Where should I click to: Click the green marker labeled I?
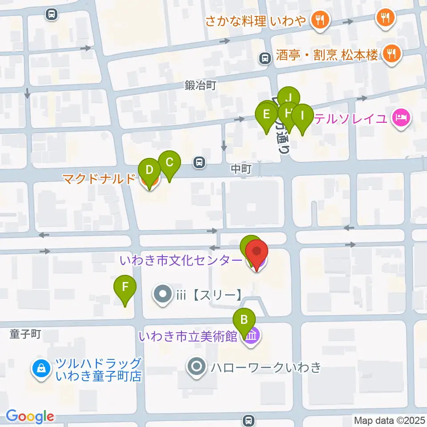(302, 117)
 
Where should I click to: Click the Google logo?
(30, 416)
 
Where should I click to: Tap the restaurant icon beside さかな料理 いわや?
(319, 20)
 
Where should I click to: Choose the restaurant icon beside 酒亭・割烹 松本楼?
(391, 54)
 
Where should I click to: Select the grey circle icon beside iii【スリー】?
(162, 294)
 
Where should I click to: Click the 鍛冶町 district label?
(200, 85)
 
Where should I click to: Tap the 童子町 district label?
(25, 334)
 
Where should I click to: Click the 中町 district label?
(242, 169)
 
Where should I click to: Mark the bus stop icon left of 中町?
(200, 163)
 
